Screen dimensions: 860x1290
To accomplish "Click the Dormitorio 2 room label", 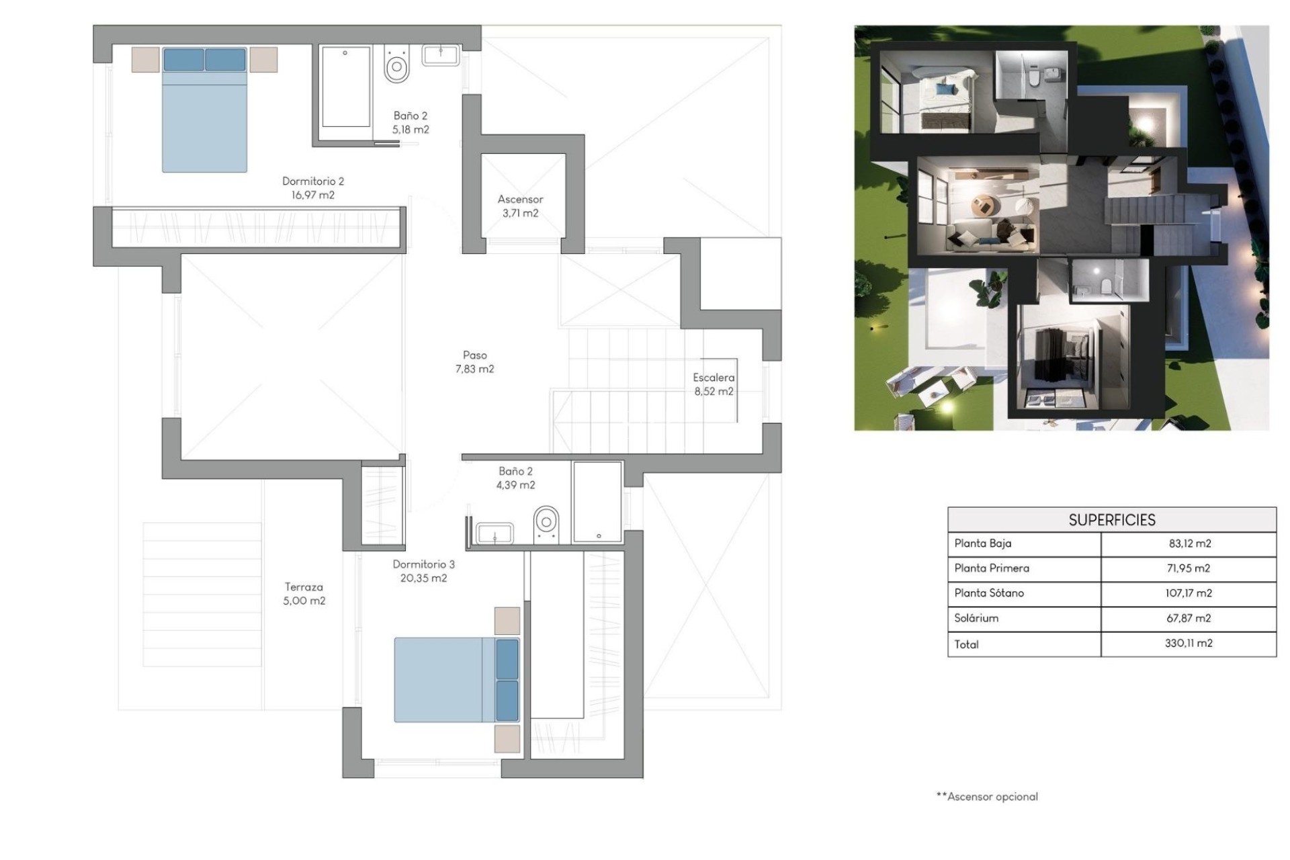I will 312,188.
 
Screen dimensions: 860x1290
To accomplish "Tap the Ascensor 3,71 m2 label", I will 520,206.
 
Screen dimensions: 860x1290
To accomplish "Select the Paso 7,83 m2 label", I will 474,361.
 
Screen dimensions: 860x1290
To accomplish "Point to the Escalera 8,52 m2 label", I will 714,384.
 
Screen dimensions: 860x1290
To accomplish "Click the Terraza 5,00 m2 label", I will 304,594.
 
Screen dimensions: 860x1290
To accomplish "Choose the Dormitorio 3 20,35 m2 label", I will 423,571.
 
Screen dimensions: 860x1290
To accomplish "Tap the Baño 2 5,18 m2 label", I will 411,122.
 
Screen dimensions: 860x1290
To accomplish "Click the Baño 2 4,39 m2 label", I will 515,478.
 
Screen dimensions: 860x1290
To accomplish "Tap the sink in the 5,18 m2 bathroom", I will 441,55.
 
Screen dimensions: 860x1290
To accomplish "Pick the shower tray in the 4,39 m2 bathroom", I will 597,501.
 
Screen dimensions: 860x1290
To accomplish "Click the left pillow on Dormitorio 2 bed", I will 183,59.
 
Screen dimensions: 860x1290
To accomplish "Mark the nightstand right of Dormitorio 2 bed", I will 263,59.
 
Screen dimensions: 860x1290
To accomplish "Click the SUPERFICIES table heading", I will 1111,520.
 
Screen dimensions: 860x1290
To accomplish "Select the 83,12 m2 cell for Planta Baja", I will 1189,544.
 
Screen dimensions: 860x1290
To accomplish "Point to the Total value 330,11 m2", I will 1189,643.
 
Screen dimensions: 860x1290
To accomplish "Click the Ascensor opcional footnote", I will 987,796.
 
